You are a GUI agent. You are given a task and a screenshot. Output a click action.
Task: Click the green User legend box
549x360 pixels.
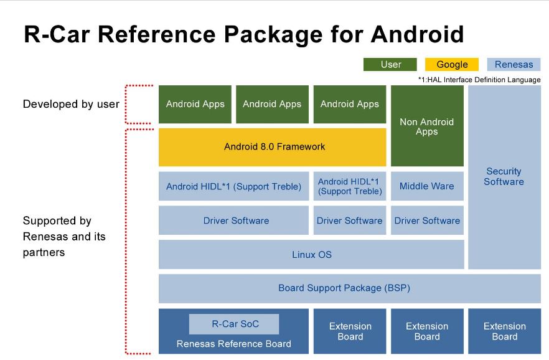pos(390,64)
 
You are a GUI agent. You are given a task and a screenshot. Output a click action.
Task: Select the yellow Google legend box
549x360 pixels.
pos(452,64)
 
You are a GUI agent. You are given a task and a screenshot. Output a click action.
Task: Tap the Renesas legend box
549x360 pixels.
pos(514,64)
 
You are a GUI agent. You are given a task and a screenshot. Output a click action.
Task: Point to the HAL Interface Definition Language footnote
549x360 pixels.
pos(479,80)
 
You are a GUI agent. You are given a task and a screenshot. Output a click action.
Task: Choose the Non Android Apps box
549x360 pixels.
pos(427,126)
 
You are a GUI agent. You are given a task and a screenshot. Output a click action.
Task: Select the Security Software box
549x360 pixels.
pos(504,177)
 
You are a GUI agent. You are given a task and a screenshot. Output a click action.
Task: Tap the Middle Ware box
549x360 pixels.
pos(427,186)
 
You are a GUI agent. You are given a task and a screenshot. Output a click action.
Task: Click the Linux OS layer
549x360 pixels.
pos(311,255)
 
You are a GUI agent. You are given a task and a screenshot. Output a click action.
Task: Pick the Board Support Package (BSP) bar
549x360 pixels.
pos(344,288)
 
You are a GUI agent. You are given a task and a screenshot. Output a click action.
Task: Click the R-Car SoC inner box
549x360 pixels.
pos(235,324)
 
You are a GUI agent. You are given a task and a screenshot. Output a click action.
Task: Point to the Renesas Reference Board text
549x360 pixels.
pos(233,343)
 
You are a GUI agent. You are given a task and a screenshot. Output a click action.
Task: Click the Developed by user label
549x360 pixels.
pos(71,104)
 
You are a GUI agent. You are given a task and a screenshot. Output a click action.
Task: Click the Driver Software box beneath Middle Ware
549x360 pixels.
pos(427,220)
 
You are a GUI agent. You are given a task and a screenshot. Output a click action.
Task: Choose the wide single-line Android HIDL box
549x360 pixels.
pos(233,186)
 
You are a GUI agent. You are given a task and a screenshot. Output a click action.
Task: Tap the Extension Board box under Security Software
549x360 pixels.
pos(504,331)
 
